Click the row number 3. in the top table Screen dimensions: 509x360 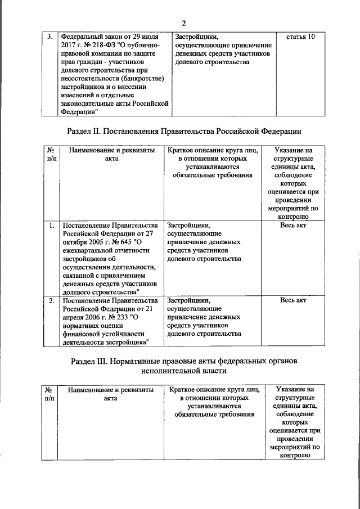(x=49, y=37)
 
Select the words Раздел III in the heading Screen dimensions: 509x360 (x=92, y=360)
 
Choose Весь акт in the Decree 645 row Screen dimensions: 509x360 (x=292, y=226)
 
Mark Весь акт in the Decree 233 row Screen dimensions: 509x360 (x=292, y=300)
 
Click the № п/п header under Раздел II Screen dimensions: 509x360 (x=49, y=155)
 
